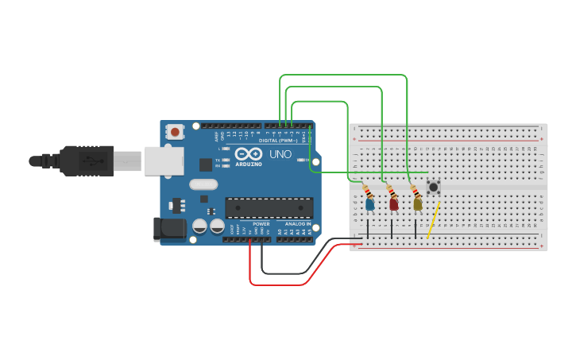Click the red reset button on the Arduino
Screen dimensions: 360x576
click(174, 130)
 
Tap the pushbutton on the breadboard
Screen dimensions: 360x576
click(434, 188)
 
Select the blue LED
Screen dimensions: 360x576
click(370, 204)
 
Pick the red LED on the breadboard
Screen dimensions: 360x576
click(394, 204)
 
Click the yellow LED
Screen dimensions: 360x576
click(418, 204)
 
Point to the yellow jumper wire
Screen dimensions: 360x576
click(434, 220)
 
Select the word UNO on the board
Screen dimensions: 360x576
click(281, 153)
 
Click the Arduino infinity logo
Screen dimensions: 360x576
click(249, 153)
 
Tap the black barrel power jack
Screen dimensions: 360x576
click(169, 230)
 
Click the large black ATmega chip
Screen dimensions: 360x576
click(269, 207)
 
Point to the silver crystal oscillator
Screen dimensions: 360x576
click(203, 184)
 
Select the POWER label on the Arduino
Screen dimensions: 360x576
click(261, 224)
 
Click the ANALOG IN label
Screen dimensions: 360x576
click(299, 224)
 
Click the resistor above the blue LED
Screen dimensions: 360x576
click(367, 192)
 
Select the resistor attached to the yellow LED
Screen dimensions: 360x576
click(414, 191)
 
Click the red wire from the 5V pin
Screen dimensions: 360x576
click(278, 284)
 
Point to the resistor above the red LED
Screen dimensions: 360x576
click(390, 192)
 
